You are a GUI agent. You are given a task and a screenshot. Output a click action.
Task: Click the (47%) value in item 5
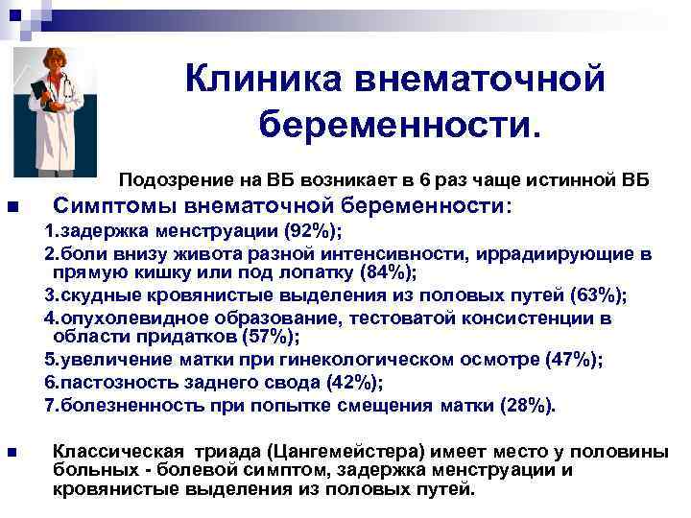tap(574, 359)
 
